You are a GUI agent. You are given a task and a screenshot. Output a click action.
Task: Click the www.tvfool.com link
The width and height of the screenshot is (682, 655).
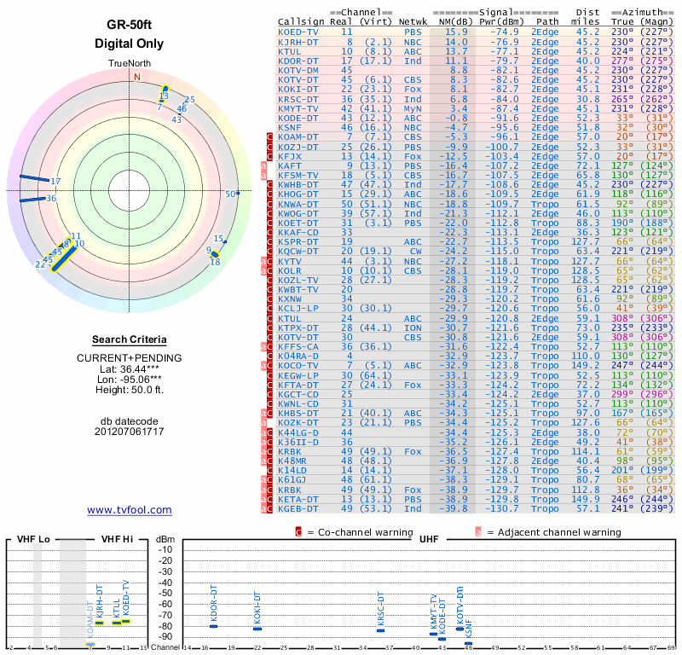(x=129, y=510)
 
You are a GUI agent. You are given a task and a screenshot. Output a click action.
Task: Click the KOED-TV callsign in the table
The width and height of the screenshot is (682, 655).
(x=298, y=32)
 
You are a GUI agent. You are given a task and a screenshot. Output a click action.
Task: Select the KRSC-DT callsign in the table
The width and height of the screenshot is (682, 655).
(x=298, y=98)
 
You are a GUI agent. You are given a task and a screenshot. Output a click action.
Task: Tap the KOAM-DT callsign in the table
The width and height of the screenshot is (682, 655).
(x=298, y=136)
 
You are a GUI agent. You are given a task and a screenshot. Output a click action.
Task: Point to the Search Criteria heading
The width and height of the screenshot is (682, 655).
(x=129, y=339)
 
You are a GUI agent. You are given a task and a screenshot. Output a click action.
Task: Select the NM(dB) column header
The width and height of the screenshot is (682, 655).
(x=452, y=20)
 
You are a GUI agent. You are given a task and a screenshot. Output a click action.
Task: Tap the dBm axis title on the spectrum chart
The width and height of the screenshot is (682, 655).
(x=165, y=539)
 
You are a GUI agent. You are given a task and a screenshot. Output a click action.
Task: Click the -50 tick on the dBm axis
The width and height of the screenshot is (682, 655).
(x=165, y=593)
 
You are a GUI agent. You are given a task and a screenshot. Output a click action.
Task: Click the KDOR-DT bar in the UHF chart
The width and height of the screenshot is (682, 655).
(x=214, y=627)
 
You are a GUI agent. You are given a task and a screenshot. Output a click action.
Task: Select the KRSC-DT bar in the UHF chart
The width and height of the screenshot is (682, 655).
(x=381, y=630)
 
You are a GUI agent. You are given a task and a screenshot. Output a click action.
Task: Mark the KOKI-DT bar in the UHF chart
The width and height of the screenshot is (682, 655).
(x=257, y=629)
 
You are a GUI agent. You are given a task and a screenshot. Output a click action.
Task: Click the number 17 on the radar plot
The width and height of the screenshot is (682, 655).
(x=56, y=181)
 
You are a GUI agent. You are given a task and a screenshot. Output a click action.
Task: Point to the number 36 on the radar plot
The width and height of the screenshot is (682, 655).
(x=51, y=198)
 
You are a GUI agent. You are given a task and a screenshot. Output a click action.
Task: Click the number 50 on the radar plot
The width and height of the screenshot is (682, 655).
(x=229, y=194)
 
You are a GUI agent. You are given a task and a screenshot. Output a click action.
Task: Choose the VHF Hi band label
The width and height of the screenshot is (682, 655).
(x=116, y=539)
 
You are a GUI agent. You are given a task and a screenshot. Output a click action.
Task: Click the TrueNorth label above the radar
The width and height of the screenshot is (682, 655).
(x=129, y=65)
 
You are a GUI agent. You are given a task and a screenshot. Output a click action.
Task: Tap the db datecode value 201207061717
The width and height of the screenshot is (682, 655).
(x=129, y=432)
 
